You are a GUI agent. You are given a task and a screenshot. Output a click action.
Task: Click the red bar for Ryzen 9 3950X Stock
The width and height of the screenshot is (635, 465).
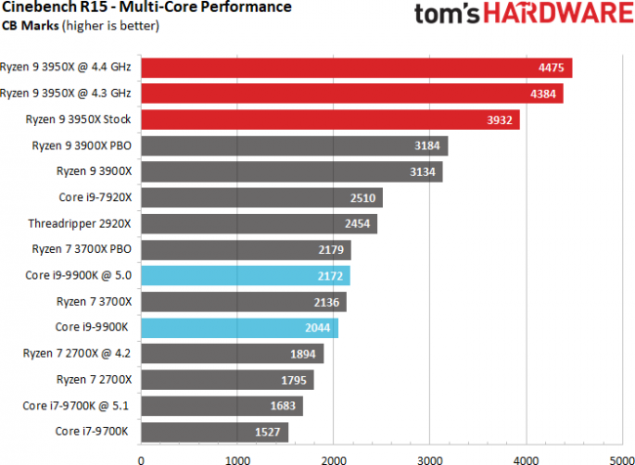[330, 119]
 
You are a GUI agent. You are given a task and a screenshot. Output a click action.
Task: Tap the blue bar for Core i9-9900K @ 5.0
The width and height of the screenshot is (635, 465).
[245, 275]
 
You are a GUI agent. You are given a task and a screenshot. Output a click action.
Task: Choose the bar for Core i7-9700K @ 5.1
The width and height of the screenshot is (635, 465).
[222, 405]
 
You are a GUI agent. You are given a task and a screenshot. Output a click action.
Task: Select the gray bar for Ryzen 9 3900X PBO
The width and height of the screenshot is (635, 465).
[294, 146]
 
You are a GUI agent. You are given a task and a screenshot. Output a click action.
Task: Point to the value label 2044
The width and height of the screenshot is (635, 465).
[318, 327]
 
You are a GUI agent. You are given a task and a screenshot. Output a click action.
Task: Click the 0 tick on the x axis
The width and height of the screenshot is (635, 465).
[143, 454]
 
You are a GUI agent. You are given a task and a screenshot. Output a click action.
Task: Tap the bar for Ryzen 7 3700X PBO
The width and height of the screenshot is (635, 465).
[245, 249]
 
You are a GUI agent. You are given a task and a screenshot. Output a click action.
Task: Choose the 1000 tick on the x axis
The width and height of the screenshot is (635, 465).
[237, 454]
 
